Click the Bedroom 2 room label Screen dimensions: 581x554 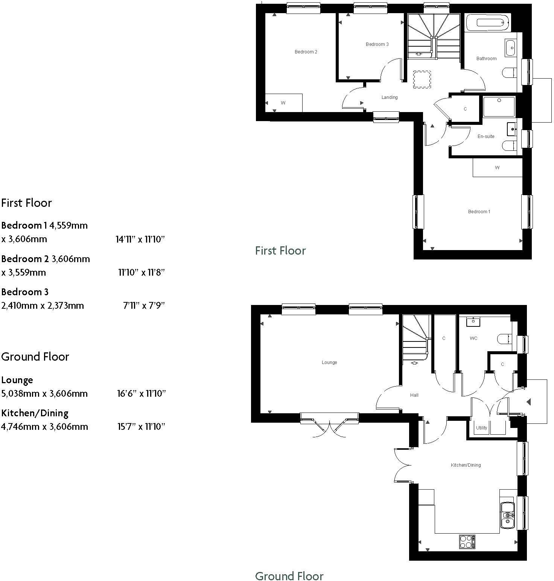pyautogui.click(x=306, y=52)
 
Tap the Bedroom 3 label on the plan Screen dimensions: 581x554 pyautogui.click(x=377, y=44)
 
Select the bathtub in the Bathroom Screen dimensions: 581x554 pyautogui.click(x=487, y=23)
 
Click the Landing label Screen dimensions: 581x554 pyautogui.click(x=389, y=97)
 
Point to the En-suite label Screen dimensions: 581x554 pyautogui.click(x=486, y=137)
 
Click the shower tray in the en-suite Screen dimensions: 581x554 pyautogui.click(x=499, y=106)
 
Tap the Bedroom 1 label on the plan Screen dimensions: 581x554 pyautogui.click(x=479, y=212)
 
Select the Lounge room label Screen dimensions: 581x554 pyautogui.click(x=329, y=363)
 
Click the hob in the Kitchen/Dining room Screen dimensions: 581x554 pyautogui.click(x=467, y=542)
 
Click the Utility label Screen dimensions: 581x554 pyautogui.click(x=481, y=428)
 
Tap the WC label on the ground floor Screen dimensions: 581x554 pyautogui.click(x=473, y=338)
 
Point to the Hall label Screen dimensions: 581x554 pyautogui.click(x=414, y=395)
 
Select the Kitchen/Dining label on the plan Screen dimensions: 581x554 pyautogui.click(x=466, y=465)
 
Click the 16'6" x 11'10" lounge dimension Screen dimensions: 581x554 pyautogui.click(x=141, y=394)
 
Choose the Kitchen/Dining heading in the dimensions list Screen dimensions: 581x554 pyautogui.click(x=35, y=413)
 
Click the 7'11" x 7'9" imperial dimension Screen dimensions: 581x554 pyautogui.click(x=144, y=306)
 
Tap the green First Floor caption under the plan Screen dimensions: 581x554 pyautogui.click(x=280, y=251)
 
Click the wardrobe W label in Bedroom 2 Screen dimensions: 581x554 pyautogui.click(x=283, y=103)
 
